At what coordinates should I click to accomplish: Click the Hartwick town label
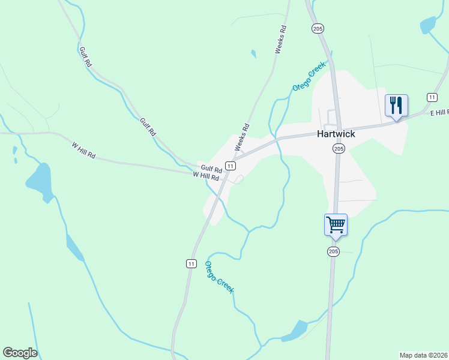[x=336, y=134]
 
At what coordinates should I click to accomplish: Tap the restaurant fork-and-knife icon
[x=396, y=106]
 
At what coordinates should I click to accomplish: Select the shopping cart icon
[x=336, y=225]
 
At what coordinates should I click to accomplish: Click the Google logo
[x=20, y=353]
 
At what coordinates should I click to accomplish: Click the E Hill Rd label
[x=439, y=112]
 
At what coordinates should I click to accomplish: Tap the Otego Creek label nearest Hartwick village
[x=309, y=76]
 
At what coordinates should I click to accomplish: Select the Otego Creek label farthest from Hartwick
[x=219, y=277]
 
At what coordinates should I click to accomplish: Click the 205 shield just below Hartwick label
[x=339, y=148]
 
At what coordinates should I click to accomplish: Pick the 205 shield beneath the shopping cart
[x=333, y=251]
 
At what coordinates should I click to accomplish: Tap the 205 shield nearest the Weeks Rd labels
[x=318, y=28]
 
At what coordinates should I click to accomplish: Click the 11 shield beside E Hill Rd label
[x=432, y=97]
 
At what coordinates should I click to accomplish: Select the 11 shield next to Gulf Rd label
[x=230, y=165]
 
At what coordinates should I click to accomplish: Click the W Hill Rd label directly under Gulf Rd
[x=205, y=176]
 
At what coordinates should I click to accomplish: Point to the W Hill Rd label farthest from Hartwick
[x=83, y=150]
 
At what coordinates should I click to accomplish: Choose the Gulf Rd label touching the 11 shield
[x=212, y=169]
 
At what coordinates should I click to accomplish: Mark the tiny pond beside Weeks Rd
[x=253, y=54]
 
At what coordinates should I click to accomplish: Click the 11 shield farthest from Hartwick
[x=191, y=263]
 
